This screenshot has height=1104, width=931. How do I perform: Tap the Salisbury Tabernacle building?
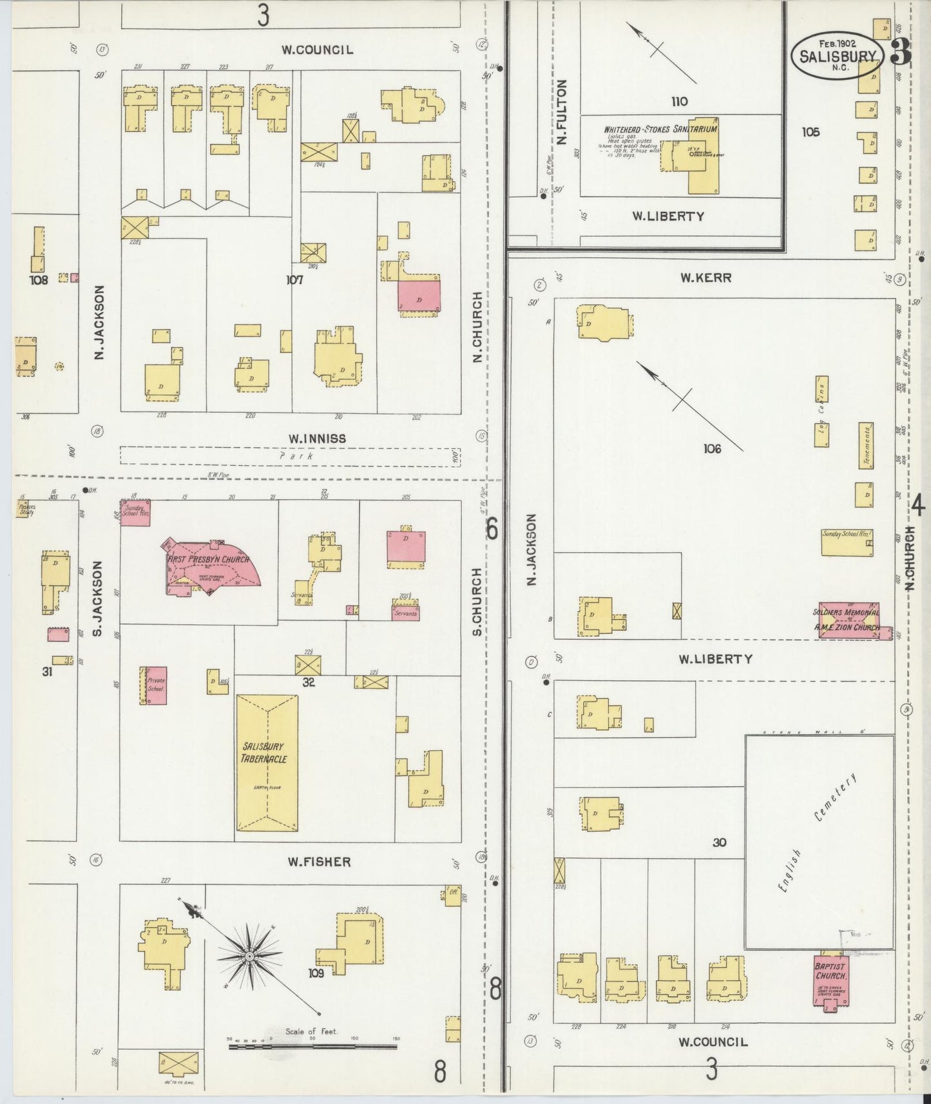(267, 763)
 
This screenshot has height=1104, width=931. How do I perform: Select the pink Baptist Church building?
(830, 980)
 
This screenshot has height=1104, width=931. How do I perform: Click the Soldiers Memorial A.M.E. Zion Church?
(848, 620)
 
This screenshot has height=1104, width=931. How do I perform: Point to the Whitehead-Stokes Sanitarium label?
(660, 129)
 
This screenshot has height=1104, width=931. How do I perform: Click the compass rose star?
(249, 956)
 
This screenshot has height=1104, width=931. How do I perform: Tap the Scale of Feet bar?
(312, 1047)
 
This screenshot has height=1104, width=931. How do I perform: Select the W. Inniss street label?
(317, 439)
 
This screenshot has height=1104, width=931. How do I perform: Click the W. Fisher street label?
(319, 862)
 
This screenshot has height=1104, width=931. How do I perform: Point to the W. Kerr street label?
(705, 278)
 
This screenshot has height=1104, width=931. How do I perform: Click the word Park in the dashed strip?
(296, 456)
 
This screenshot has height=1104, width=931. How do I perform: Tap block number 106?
(712, 448)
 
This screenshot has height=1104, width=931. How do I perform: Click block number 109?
(316, 973)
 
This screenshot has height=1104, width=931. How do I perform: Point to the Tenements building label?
(867, 445)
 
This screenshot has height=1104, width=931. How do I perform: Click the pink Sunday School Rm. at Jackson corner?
(136, 512)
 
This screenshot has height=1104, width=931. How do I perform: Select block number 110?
(679, 101)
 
